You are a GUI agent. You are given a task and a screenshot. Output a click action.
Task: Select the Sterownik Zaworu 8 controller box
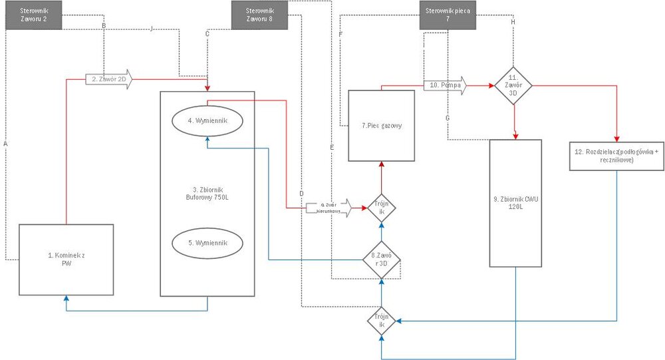pos(259,15)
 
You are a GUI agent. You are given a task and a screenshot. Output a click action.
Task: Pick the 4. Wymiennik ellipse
pos(208,121)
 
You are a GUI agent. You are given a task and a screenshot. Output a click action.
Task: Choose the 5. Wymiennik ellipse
pos(208,242)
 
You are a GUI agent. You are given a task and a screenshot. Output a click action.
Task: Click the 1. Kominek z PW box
pos(65,260)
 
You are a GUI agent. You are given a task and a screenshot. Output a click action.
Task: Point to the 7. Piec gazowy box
pos(381,125)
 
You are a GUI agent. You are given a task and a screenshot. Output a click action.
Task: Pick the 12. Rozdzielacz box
pos(616,156)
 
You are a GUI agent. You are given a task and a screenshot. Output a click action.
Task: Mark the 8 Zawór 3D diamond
pos(381,260)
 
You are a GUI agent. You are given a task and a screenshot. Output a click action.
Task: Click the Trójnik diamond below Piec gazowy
pos(381,208)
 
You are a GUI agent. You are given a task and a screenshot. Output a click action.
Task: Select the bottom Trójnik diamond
pos(381,322)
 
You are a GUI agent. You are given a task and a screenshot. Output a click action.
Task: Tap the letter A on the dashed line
pos(5,143)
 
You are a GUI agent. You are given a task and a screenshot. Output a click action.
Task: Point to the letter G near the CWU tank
pos(448,117)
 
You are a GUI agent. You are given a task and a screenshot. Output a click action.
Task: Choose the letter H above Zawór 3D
pos(513,23)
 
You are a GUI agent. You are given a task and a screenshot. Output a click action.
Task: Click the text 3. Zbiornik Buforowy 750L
pos(208,192)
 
